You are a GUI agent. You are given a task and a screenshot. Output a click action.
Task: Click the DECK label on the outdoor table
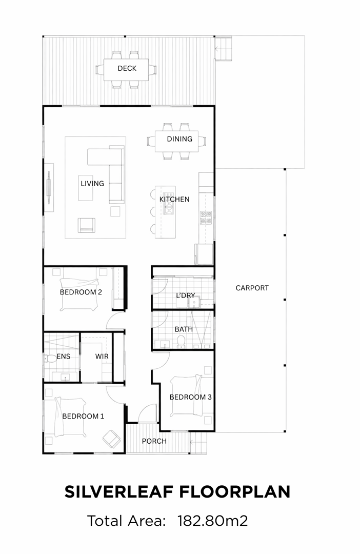127,68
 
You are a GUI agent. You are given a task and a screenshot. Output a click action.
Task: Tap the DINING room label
179,139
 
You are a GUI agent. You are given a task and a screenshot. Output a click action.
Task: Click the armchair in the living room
87,225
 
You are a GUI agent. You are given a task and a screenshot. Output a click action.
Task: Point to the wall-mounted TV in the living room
48,187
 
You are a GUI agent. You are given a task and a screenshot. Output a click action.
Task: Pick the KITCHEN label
174,199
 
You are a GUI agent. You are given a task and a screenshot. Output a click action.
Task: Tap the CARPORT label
252,288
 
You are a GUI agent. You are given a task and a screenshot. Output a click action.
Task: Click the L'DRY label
186,295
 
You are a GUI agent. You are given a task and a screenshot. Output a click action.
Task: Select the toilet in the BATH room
181,342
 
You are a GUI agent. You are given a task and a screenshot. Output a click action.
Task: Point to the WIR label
102,357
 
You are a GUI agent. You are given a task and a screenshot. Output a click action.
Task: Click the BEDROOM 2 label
81,292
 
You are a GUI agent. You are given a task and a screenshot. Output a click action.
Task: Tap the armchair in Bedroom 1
112,439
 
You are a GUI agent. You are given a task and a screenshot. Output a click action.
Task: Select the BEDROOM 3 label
190,397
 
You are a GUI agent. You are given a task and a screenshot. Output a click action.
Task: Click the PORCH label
154,441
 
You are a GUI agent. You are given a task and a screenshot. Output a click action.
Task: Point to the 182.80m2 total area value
212,521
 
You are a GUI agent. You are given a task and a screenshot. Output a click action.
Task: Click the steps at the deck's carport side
223,48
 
